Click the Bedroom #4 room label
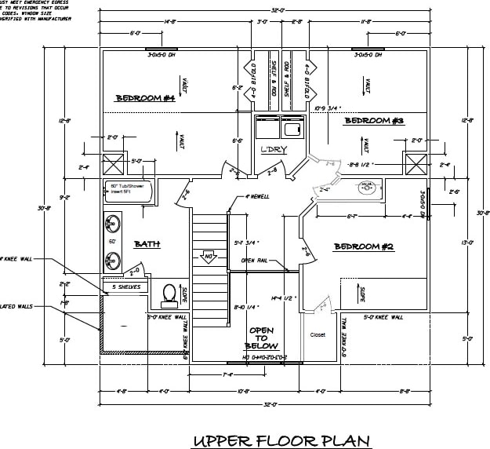pos(145,98)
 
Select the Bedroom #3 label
pos(374,120)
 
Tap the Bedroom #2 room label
pos(363,246)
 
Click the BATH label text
pos(147,244)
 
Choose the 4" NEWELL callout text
pos(256,196)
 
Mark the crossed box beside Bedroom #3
pos(415,165)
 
